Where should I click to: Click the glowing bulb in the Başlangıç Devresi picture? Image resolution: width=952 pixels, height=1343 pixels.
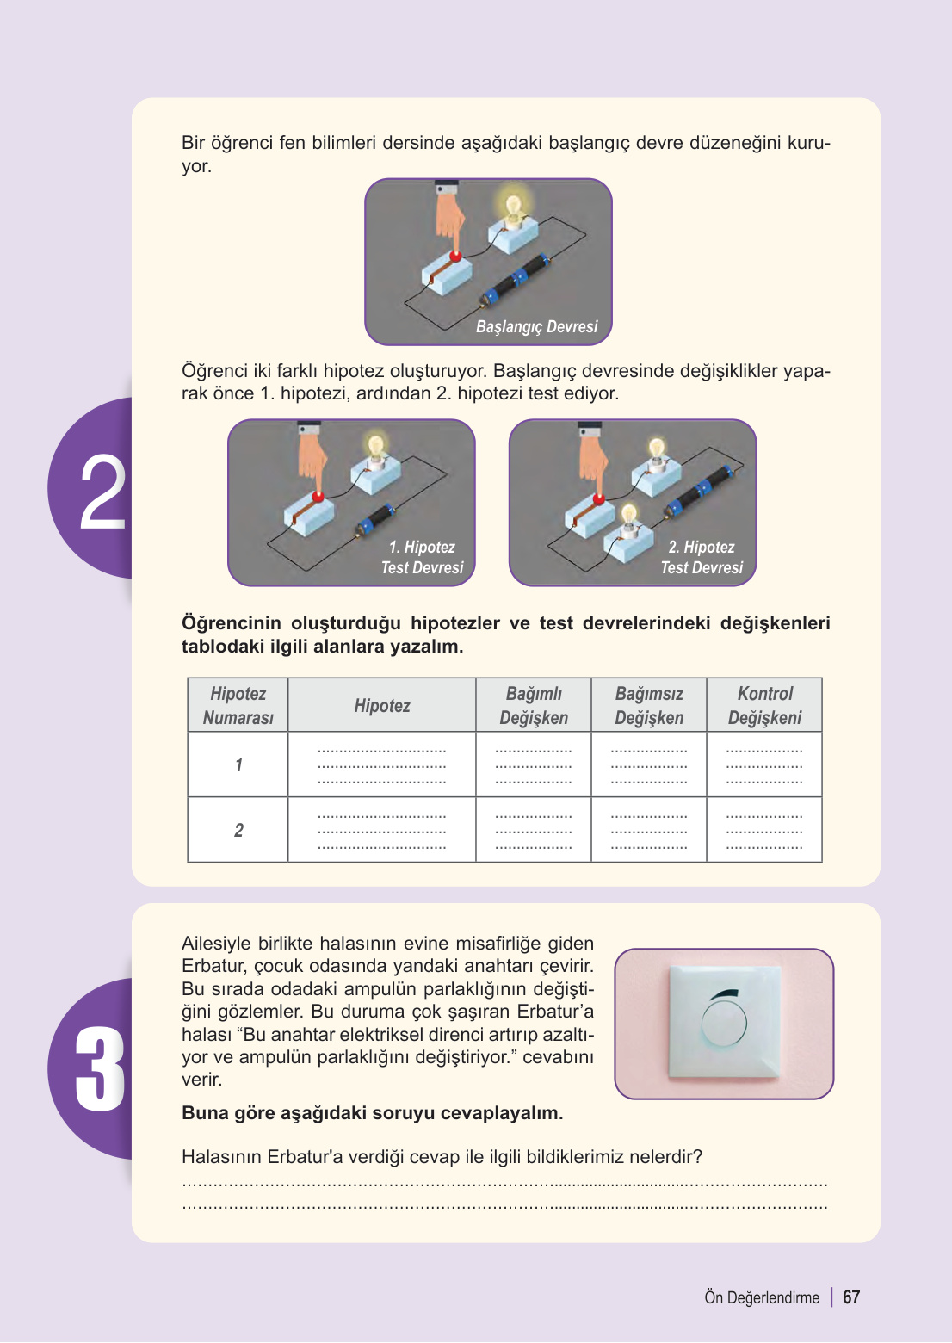tap(513, 208)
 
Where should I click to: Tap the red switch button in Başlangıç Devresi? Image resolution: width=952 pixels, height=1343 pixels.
tap(455, 256)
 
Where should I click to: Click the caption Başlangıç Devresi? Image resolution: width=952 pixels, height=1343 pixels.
tap(536, 327)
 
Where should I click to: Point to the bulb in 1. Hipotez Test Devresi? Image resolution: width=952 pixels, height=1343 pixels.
tap(376, 448)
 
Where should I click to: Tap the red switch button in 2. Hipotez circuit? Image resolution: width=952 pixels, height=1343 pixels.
tap(598, 498)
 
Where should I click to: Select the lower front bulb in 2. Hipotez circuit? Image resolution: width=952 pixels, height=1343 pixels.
tap(628, 515)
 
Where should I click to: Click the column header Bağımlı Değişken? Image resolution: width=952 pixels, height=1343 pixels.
tap(534, 705)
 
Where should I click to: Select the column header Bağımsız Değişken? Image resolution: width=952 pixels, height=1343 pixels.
tap(649, 705)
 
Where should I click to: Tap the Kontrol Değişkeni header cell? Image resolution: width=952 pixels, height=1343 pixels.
tap(764, 705)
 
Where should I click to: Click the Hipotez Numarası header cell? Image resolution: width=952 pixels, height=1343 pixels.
tap(238, 705)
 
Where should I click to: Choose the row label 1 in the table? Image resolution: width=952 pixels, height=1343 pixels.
tap(238, 765)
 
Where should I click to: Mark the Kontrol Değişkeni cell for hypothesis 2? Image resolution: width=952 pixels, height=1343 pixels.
tap(764, 830)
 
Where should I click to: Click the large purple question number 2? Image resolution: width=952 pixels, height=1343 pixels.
tap(102, 492)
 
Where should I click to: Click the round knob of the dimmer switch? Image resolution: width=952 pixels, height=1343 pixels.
tap(724, 1022)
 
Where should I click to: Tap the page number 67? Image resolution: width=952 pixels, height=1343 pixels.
tap(851, 1297)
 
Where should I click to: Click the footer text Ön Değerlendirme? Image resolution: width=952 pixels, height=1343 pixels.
tap(762, 1297)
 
